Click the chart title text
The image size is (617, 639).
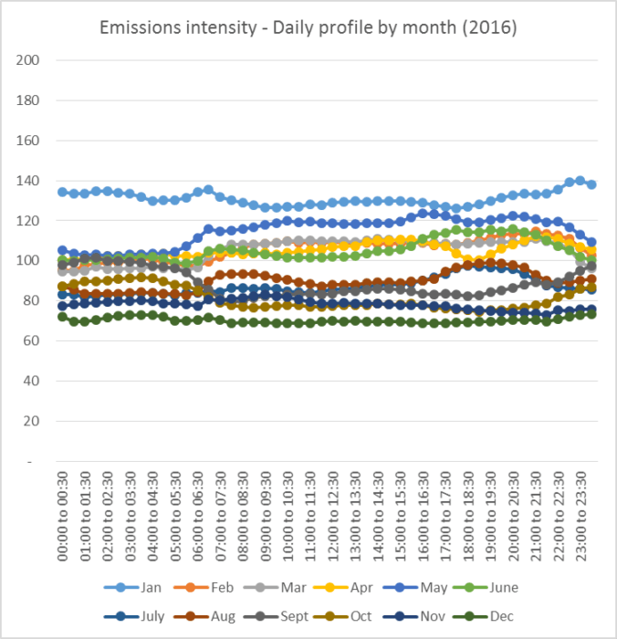point(308,28)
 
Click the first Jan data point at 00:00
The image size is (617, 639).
point(62,192)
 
